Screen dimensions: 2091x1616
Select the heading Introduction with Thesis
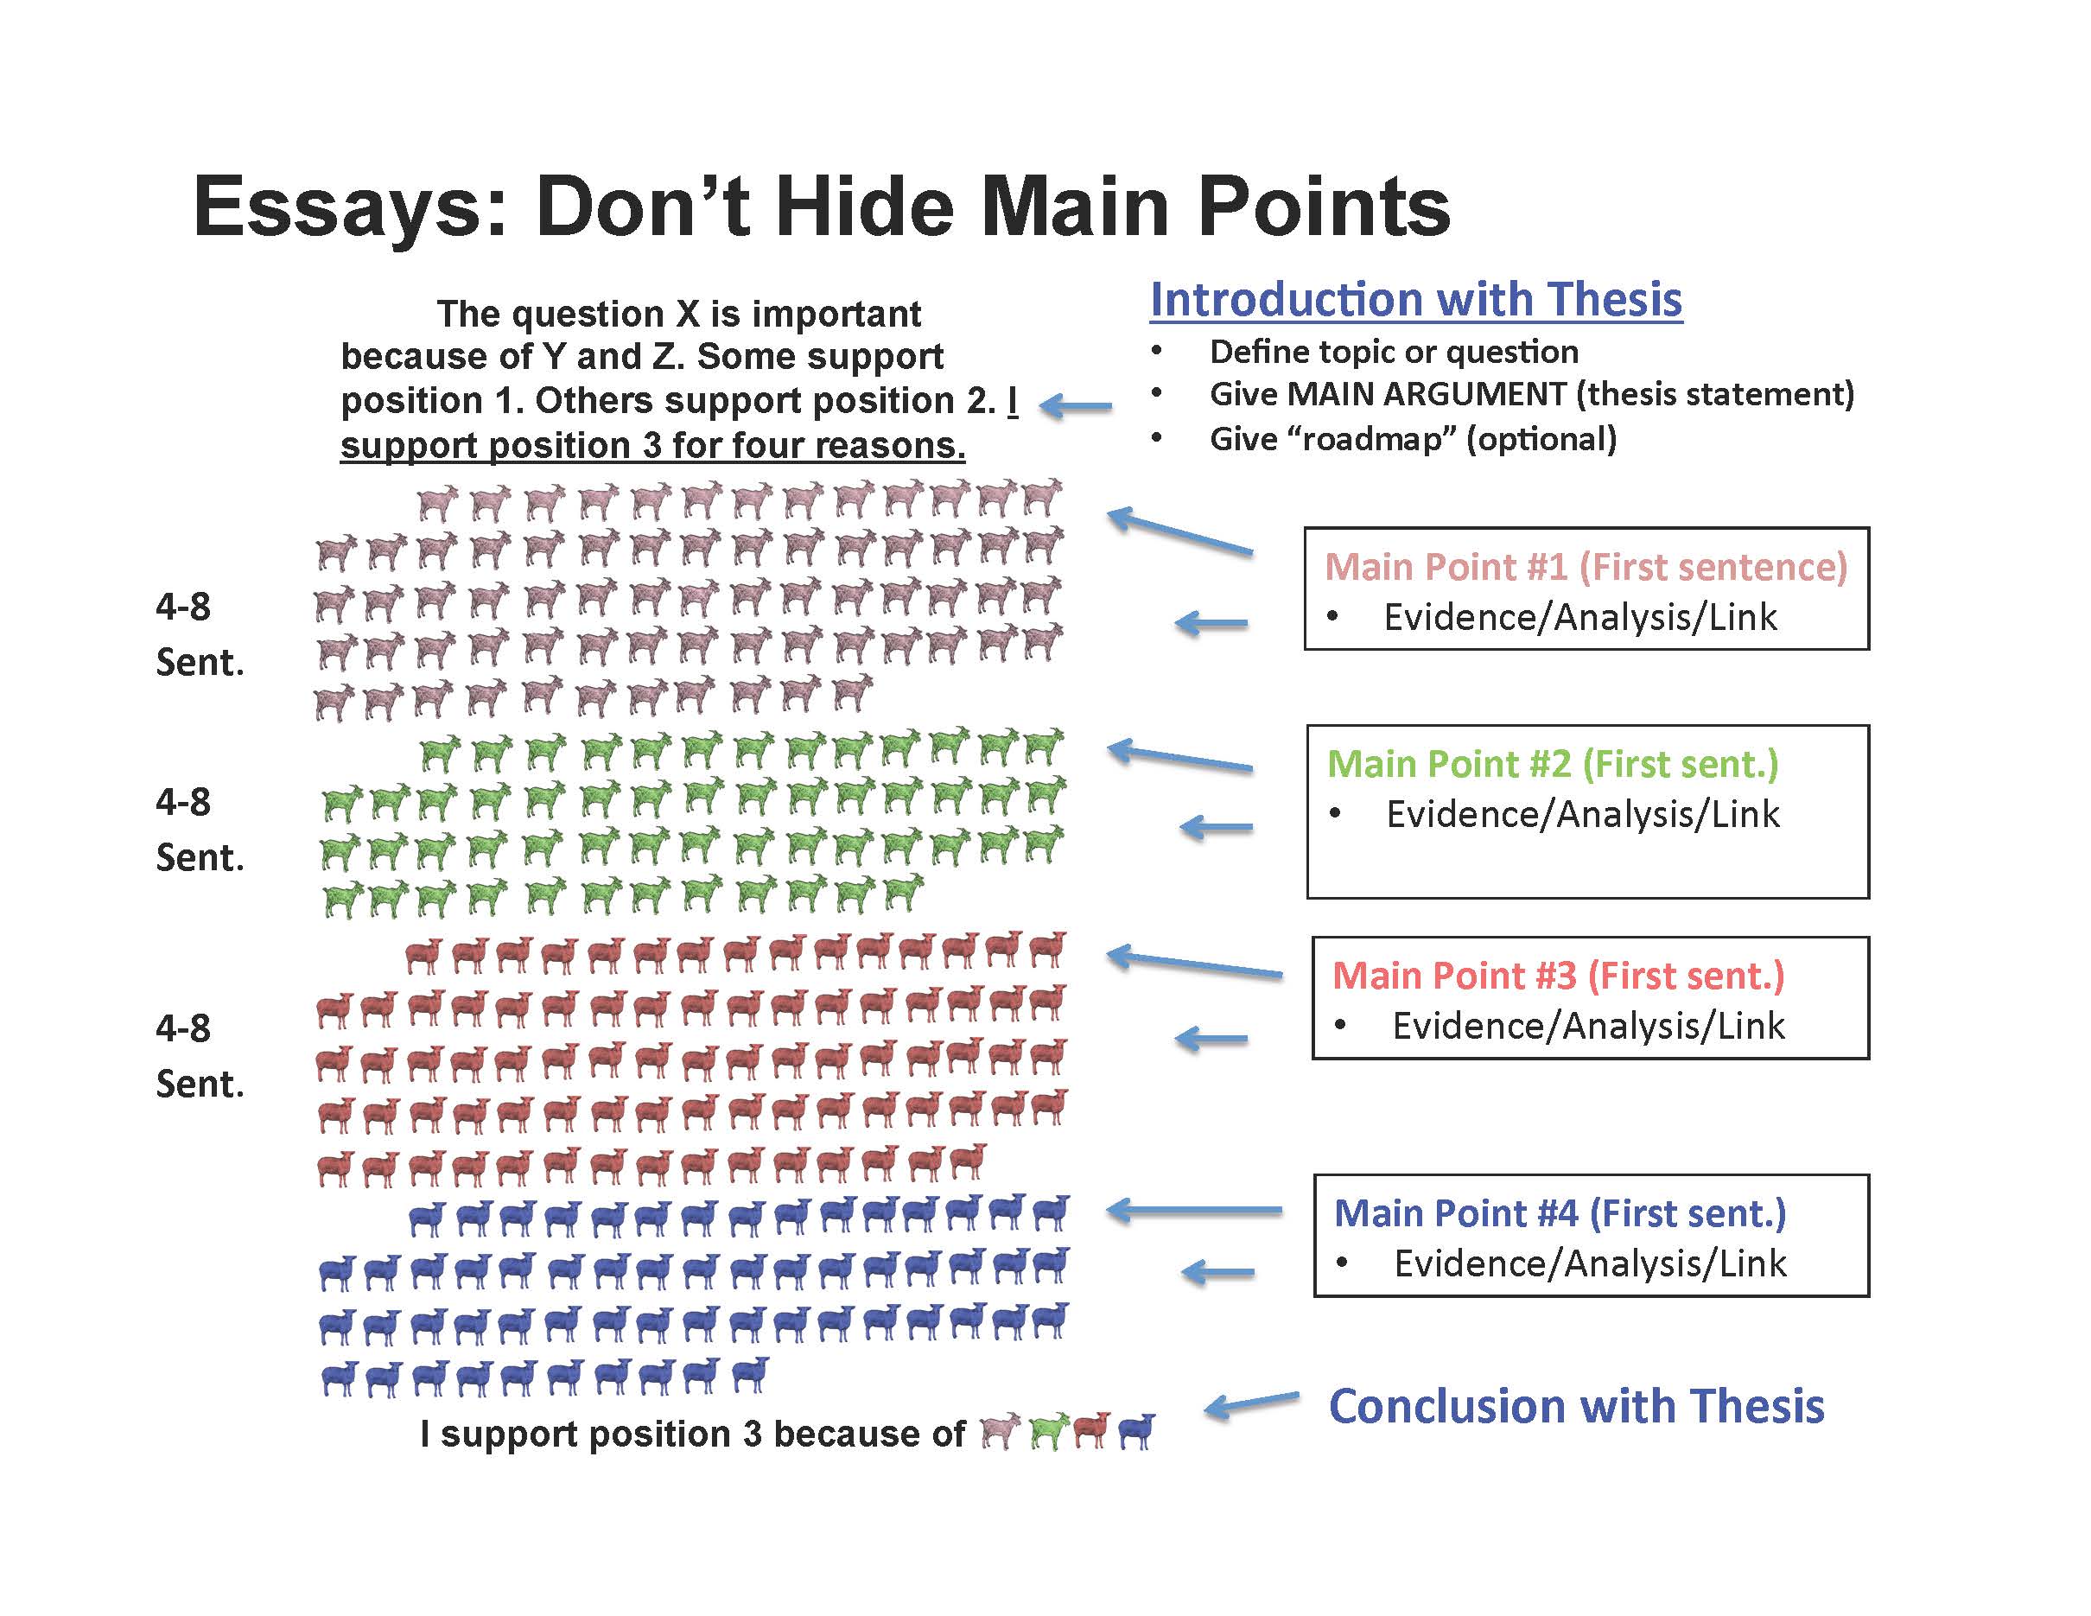pyautogui.click(x=1416, y=300)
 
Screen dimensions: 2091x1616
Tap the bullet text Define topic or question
pyautogui.click(x=1394, y=353)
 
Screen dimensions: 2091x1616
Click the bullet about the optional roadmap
pyautogui.click(x=1413, y=439)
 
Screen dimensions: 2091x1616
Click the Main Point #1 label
pyautogui.click(x=1586, y=567)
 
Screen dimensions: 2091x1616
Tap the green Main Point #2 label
pyautogui.click(x=1552, y=764)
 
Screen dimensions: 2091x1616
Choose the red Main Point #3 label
pyautogui.click(x=1559, y=976)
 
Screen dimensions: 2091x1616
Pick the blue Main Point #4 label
pyautogui.click(x=1560, y=1213)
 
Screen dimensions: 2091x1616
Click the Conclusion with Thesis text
pyautogui.click(x=1577, y=1406)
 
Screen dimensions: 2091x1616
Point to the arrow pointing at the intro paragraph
pyautogui.click(x=1075, y=406)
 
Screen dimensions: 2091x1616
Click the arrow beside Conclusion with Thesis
pyautogui.click(x=1251, y=1403)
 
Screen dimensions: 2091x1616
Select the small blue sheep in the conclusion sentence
pyautogui.click(x=1136, y=1431)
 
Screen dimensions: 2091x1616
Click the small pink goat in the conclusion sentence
pyautogui.click(x=1001, y=1431)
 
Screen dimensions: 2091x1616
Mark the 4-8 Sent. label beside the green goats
pyautogui.click(x=200, y=829)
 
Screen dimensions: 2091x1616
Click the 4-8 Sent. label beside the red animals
pyautogui.click(x=200, y=1056)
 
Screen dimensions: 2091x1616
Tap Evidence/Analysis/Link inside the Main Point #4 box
pyautogui.click(x=1590, y=1263)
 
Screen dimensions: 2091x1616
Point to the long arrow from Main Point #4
pyautogui.click(x=1194, y=1211)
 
